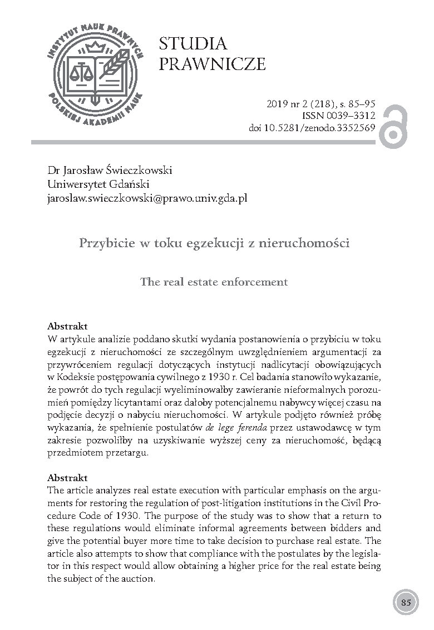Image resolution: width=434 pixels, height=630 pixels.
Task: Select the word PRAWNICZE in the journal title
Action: point(212,64)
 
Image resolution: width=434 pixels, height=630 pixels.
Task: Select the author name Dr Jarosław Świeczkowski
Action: point(110,171)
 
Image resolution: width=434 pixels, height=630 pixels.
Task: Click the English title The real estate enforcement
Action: point(214,282)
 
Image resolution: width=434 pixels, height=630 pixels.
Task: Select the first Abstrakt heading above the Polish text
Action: point(67,326)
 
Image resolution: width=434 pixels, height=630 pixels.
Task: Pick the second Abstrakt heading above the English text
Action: point(67,478)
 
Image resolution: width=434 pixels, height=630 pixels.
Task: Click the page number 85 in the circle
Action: point(406,602)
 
